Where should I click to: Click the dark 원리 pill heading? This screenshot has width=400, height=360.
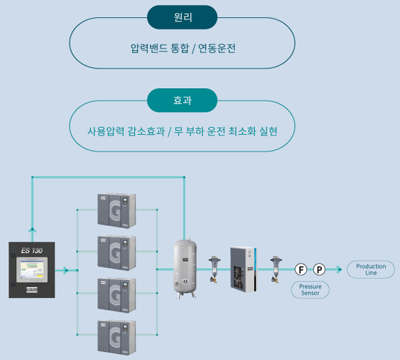click(182, 17)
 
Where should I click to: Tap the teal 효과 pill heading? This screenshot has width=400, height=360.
click(182, 101)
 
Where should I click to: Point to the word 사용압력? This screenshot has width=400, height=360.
click(106, 131)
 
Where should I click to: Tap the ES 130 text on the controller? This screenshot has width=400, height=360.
click(31, 250)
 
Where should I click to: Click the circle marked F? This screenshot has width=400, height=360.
click(301, 270)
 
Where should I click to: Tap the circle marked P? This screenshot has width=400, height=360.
click(319, 270)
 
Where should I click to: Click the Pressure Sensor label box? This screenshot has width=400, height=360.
click(309, 289)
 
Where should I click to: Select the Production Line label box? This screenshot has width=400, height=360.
click(371, 269)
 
